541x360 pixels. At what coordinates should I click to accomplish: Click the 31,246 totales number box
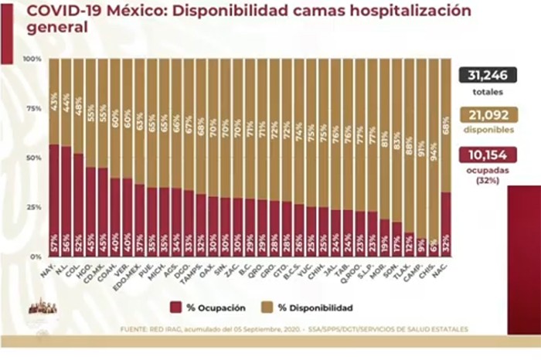click(x=488, y=76)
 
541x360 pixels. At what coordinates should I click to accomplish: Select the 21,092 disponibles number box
click(x=488, y=116)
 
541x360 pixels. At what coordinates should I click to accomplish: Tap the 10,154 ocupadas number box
click(x=488, y=155)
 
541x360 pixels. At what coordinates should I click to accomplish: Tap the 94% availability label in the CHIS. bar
click(x=434, y=96)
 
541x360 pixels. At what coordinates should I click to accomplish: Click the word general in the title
click(x=44, y=29)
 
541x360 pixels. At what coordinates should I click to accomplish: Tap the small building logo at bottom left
click(x=37, y=307)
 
